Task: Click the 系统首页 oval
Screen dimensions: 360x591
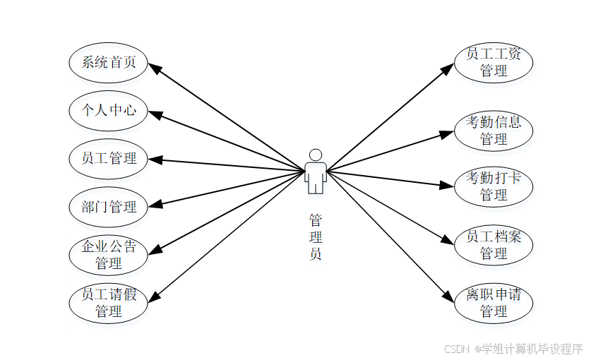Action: (x=108, y=62)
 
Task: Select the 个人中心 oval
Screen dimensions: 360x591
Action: (x=108, y=110)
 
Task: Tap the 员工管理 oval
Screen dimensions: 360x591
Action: (x=108, y=158)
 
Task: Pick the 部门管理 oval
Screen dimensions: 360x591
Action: (x=108, y=207)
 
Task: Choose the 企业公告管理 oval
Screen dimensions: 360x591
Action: (x=108, y=255)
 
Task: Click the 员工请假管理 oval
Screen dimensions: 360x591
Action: (x=108, y=302)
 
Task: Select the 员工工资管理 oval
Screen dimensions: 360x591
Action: (x=493, y=62)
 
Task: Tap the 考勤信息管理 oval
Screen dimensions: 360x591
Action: (x=493, y=131)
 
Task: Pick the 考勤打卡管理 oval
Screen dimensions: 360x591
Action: (x=493, y=186)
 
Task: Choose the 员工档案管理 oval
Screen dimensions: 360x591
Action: (x=493, y=244)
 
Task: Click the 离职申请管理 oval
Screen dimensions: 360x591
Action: (x=493, y=302)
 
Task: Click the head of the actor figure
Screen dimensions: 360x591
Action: (x=316, y=155)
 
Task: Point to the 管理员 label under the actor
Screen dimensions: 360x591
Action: (x=316, y=236)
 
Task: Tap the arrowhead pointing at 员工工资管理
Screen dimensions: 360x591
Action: (x=447, y=68)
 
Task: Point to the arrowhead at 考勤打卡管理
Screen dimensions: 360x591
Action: (x=447, y=186)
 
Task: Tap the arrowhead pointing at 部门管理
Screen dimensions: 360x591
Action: (x=155, y=205)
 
